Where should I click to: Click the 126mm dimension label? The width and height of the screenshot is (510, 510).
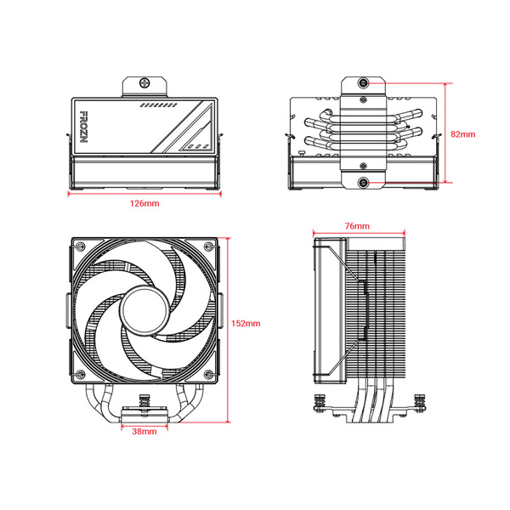pyautogui.click(x=144, y=204)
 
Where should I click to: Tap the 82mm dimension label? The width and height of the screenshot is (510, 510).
pyautogui.click(x=463, y=133)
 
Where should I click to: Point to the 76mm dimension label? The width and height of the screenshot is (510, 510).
pyautogui.click(x=357, y=226)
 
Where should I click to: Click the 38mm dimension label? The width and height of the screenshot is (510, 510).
pyautogui.click(x=144, y=432)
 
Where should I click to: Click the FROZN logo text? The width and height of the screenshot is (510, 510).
pyautogui.click(x=83, y=124)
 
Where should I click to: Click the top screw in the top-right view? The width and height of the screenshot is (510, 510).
pyautogui.click(x=364, y=83)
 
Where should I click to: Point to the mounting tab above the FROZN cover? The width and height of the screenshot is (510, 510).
pyautogui.click(x=143, y=85)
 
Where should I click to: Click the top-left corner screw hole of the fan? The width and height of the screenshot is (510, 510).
pyautogui.click(x=77, y=247)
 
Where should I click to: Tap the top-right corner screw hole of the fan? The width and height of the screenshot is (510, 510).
pyautogui.click(x=208, y=247)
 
